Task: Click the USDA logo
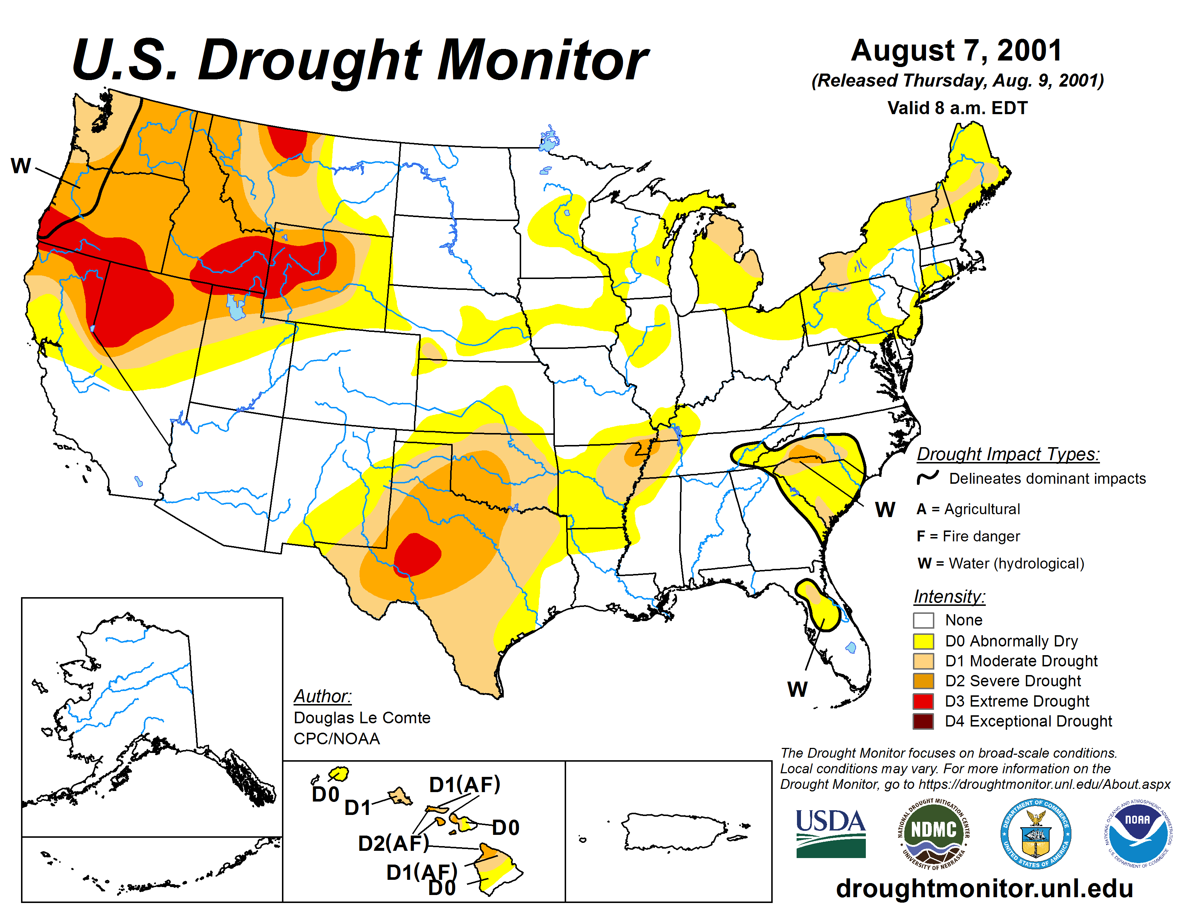pyautogui.click(x=830, y=833)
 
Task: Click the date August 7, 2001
pyautogui.click(x=956, y=51)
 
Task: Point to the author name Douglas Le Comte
pyautogui.click(x=362, y=717)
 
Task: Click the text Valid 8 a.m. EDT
pyautogui.click(x=957, y=108)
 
